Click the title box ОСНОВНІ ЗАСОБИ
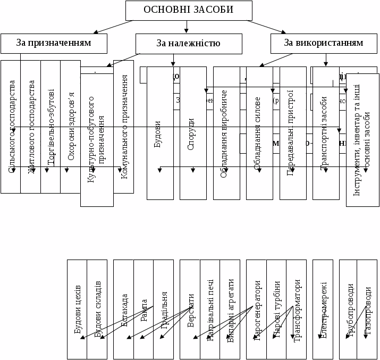(x=188, y=10)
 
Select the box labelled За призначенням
(x=54, y=43)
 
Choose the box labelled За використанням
(x=323, y=43)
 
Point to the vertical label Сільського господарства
(x=11, y=128)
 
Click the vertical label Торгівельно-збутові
(x=50, y=128)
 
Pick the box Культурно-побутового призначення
(x=97, y=139)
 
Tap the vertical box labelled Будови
(x=160, y=133)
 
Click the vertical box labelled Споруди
(x=193, y=133)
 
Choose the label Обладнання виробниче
(x=223, y=133)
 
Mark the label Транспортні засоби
(x=324, y=133)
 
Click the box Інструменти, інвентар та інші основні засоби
(x=362, y=139)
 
